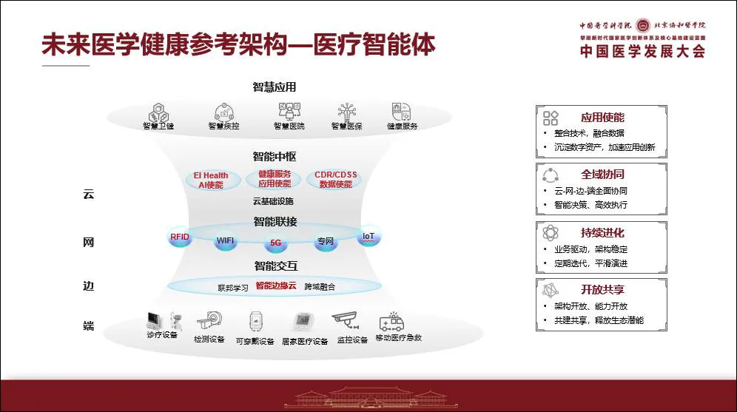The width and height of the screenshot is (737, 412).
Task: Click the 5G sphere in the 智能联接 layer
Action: (276, 242)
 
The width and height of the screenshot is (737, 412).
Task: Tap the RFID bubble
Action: (180, 238)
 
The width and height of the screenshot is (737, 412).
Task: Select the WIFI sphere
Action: (224, 241)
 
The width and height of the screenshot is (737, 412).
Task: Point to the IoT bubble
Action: (368, 237)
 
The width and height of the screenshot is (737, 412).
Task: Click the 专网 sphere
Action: (326, 241)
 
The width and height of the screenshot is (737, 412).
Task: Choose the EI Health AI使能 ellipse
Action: (211, 180)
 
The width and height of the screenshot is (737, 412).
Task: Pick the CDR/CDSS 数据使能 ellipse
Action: (336, 180)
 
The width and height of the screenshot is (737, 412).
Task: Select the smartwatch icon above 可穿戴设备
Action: (255, 322)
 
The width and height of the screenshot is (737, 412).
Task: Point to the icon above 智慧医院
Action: (289, 112)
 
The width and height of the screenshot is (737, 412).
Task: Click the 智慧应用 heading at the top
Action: (274, 87)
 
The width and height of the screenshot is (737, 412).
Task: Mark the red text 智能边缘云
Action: (275, 286)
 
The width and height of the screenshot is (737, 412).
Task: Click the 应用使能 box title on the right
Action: (602, 117)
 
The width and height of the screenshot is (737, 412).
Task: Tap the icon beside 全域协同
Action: (551, 175)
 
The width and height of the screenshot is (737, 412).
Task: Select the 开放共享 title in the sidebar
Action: (602, 289)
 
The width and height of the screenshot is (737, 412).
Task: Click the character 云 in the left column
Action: (88, 195)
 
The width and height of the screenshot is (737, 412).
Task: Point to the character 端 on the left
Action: (88, 326)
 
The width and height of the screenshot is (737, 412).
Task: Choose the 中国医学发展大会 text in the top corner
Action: (642, 52)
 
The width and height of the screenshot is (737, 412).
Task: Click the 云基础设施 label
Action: (273, 202)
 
